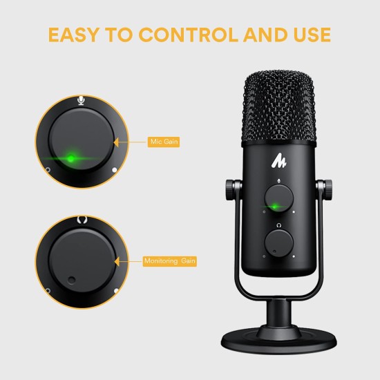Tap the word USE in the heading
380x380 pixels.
pos(309,34)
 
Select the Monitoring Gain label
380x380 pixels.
pos(171,261)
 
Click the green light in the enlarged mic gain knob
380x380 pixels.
pos(71,158)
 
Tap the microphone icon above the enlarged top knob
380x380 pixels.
pos(82,101)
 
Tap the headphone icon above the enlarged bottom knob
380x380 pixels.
pos(82,220)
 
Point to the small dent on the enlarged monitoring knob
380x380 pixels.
pos(72,280)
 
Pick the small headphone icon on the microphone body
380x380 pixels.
pos(277,225)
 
